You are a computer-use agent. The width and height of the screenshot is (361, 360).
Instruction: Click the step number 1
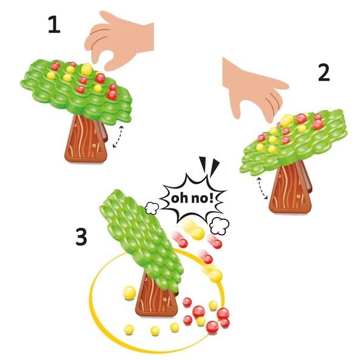coord(55,25)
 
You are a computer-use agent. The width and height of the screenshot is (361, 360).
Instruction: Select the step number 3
coord(81,237)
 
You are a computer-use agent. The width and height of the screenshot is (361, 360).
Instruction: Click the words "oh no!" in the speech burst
coord(192,198)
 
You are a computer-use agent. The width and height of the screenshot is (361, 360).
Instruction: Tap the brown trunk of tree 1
coord(86,139)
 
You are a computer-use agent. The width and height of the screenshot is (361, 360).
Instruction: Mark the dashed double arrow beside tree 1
coord(118,136)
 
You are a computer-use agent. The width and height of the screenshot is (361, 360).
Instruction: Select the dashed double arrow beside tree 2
coord(263,188)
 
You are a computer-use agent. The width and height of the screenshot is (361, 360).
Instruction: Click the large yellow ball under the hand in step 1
coord(87,69)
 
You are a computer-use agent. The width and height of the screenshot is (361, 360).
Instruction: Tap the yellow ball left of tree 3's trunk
coord(129,293)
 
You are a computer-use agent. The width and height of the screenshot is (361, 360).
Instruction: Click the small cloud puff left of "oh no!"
coord(152,208)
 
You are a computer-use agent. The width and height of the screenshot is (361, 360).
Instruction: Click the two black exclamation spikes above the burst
coord(209,165)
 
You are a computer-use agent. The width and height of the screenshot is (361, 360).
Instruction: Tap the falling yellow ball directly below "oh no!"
coord(197,232)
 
